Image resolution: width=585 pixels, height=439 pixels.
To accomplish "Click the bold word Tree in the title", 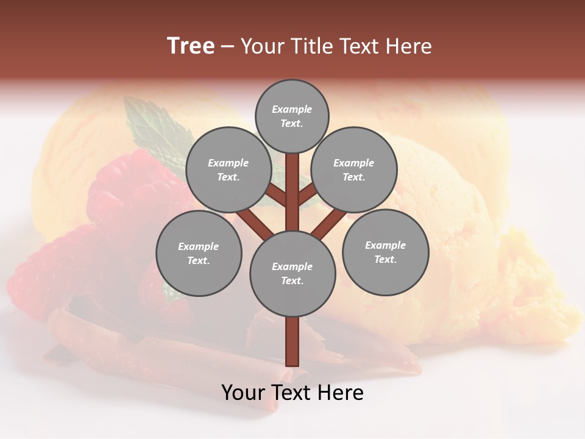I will click(191, 46).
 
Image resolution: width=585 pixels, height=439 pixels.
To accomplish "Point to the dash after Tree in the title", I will click(228, 47).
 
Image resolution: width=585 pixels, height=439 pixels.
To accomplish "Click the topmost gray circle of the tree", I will click(292, 116).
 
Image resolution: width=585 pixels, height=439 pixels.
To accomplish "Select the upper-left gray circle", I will click(228, 170).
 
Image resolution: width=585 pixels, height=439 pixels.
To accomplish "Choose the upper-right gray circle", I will click(354, 170).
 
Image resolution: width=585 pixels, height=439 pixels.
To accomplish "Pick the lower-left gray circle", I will click(199, 253).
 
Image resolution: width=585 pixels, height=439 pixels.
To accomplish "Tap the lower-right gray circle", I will click(385, 252).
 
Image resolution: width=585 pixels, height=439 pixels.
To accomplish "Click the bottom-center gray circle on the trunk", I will click(292, 274).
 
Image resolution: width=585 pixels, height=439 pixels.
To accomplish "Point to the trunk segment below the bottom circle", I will click(292, 341).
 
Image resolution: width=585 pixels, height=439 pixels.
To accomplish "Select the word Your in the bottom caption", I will click(243, 393).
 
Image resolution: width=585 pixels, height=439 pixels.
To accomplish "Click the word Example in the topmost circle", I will click(292, 109).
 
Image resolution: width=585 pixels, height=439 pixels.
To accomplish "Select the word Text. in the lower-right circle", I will click(385, 260).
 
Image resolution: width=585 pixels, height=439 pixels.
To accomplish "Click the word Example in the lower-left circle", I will click(199, 246).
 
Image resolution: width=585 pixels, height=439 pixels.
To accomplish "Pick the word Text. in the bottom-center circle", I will click(292, 281).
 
